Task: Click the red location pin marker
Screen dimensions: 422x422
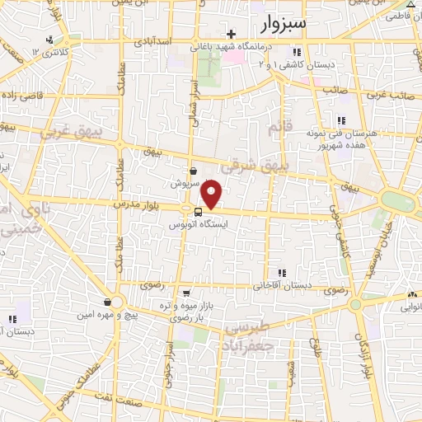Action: tap(213, 194)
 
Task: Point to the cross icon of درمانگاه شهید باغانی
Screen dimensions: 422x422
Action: tap(232, 34)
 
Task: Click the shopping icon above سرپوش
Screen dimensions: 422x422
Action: tap(192, 171)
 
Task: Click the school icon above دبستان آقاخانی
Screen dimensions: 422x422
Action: tap(282, 273)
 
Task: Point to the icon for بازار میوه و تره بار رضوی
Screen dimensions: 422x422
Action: tap(187, 293)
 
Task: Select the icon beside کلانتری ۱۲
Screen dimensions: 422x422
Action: tap(50, 40)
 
